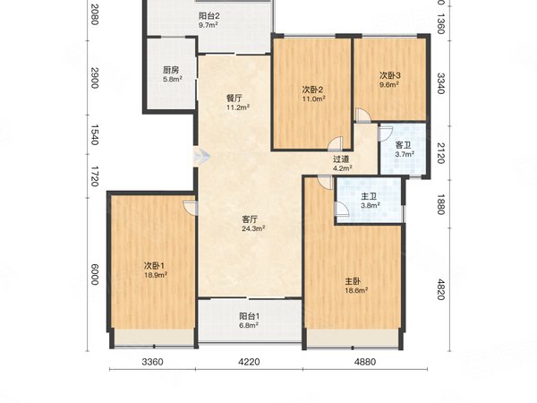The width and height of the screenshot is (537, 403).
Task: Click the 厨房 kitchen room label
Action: point(171,70)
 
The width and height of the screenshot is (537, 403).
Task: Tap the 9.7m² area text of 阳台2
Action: point(209,25)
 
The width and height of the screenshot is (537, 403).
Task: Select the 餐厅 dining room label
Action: point(234,99)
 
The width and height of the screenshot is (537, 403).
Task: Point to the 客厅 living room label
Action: point(250,219)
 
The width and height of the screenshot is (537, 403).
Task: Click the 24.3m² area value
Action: point(253,228)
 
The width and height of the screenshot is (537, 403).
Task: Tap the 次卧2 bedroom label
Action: point(312,90)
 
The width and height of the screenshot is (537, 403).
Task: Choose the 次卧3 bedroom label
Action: point(390,75)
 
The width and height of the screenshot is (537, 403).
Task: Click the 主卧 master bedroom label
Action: point(353,282)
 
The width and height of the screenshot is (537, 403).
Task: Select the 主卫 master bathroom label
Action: point(369,196)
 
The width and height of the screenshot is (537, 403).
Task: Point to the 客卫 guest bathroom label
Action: point(403,145)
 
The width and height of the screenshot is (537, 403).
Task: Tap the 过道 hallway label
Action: point(341,159)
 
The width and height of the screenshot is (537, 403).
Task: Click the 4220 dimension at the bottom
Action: point(249,362)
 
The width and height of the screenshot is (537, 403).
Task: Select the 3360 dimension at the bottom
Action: point(152,362)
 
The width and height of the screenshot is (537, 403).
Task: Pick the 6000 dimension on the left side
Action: point(95,274)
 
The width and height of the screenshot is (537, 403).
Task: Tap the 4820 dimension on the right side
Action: point(441,289)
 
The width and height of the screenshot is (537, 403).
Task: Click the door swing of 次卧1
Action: point(191,209)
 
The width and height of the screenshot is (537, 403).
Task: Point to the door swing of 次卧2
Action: point(335,144)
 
